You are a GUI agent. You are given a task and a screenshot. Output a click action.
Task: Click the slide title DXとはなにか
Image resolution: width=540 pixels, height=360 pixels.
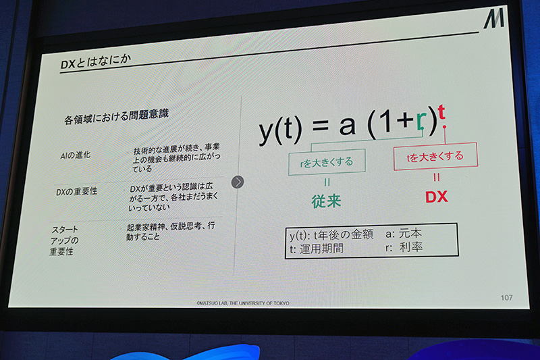(x=95, y=63)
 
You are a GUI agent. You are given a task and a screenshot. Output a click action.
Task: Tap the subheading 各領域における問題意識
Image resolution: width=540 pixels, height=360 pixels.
(x=115, y=119)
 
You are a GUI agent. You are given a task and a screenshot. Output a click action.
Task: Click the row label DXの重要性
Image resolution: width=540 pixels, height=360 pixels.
(x=76, y=191)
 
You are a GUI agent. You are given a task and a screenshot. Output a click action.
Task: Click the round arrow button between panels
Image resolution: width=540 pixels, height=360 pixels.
(x=238, y=182)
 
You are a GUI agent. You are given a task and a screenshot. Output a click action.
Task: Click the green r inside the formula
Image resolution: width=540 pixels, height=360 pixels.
(x=421, y=122)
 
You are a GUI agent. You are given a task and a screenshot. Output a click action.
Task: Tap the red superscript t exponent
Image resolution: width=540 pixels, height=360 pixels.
(x=441, y=112)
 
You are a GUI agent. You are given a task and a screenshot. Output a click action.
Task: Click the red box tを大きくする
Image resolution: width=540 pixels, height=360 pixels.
(x=435, y=157)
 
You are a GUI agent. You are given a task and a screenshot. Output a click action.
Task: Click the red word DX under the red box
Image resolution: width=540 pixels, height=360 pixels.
(x=437, y=197)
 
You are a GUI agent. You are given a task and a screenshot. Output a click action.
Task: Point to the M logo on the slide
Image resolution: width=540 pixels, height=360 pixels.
(x=493, y=20)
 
